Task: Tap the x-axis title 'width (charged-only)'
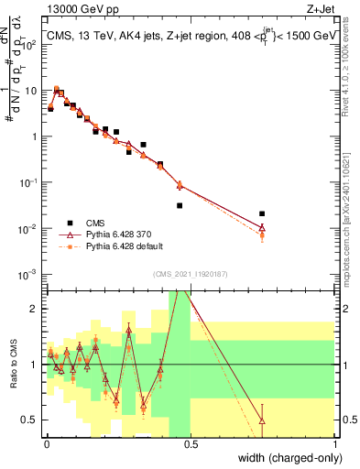click(284, 458)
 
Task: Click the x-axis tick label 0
click(46, 444)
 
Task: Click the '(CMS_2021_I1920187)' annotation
click(191, 274)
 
